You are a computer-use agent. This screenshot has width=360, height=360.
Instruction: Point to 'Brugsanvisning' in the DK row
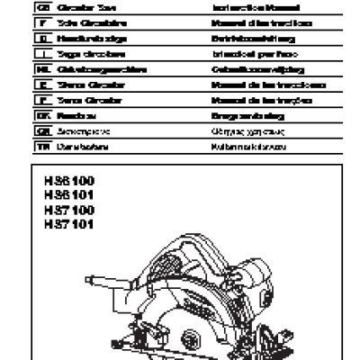coord(235,116)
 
